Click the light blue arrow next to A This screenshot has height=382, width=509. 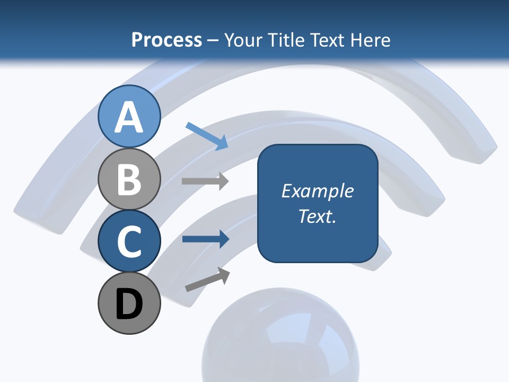point(207,136)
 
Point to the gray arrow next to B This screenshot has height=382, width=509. point(205,181)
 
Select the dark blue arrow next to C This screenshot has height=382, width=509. point(205,239)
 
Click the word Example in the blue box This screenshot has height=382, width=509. point(317,191)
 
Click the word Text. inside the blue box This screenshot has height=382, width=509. point(317,216)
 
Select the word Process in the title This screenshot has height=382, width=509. point(166,40)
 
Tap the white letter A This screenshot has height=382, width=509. point(129,117)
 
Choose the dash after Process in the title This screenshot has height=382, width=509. point(213,40)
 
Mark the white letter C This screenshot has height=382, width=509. point(129,241)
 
